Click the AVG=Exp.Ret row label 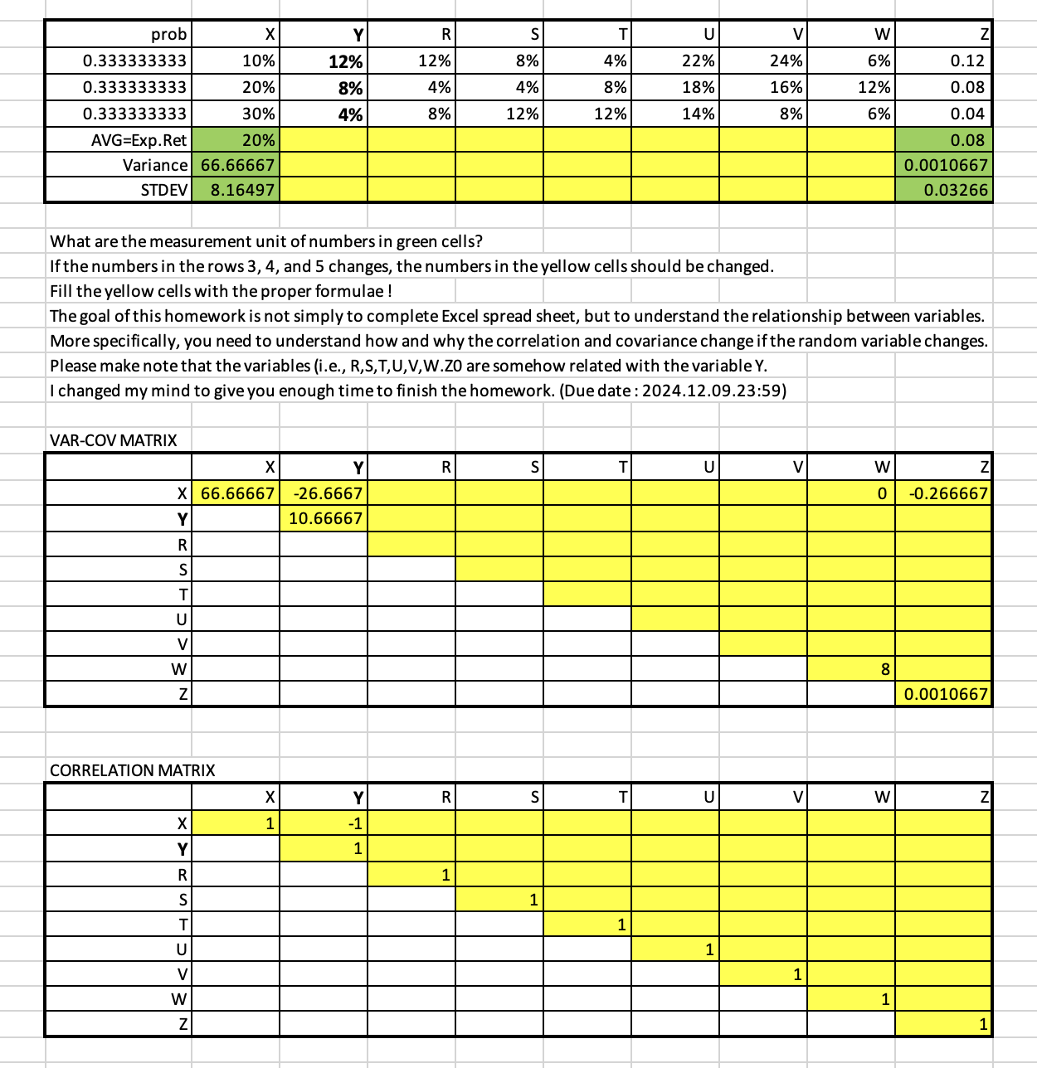(x=139, y=140)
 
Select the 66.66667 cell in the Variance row (x=237, y=165)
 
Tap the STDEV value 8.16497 (x=241, y=190)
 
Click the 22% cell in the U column (x=698, y=61)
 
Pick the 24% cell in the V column (x=786, y=61)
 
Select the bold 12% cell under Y (x=345, y=62)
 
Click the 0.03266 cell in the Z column (x=956, y=190)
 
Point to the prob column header (x=168, y=34)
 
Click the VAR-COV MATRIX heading (x=114, y=440)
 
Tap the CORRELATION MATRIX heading (x=133, y=770)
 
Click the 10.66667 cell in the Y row (x=325, y=518)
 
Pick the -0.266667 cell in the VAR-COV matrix (x=947, y=493)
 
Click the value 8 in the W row (x=884, y=669)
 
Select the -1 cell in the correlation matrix (x=354, y=823)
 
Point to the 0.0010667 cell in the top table (x=946, y=165)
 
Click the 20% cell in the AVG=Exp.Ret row (x=258, y=140)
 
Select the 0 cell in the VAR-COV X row (x=883, y=493)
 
